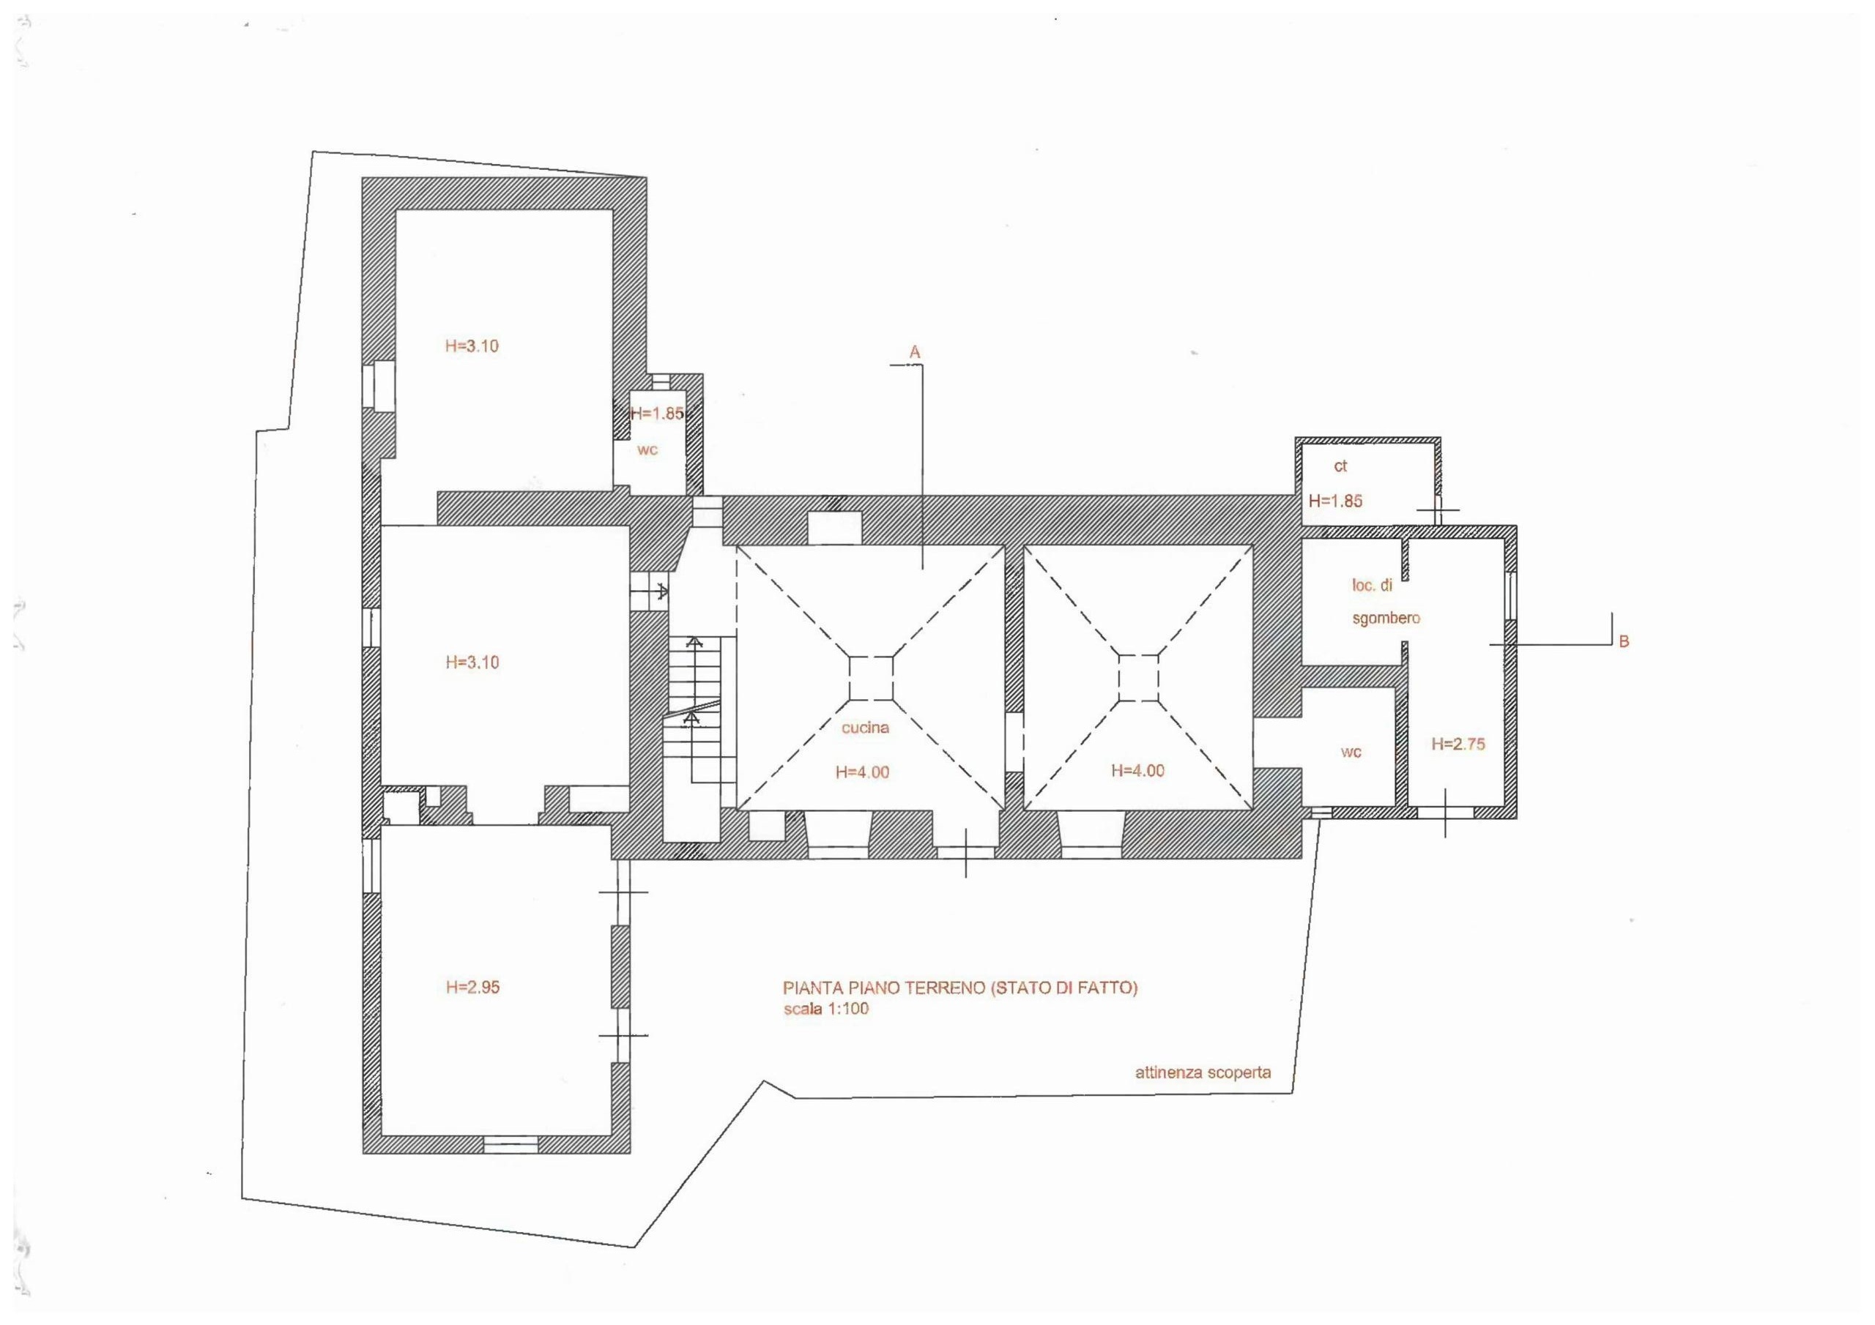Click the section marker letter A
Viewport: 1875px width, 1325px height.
(x=915, y=352)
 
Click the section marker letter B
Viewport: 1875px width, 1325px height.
(x=1624, y=642)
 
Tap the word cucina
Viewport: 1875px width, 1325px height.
(x=865, y=728)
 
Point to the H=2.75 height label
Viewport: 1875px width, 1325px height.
(x=1458, y=744)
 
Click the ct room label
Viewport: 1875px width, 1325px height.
(x=1340, y=466)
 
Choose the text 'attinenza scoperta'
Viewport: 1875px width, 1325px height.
(x=1203, y=1072)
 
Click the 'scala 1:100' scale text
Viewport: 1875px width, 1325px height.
(x=825, y=1008)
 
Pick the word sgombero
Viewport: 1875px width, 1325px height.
(x=1386, y=618)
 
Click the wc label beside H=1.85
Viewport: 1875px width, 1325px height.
(x=647, y=449)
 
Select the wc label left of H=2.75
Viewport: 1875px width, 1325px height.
(x=1351, y=752)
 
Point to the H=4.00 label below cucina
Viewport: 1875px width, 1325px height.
(x=862, y=772)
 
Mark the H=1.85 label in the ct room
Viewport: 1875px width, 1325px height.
(x=1335, y=501)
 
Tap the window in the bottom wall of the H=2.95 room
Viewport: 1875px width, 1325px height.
(x=510, y=1146)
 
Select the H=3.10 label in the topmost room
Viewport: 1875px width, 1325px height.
(x=472, y=346)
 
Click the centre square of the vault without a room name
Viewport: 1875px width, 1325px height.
(x=1138, y=678)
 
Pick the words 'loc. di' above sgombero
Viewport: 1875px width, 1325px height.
(x=1372, y=586)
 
